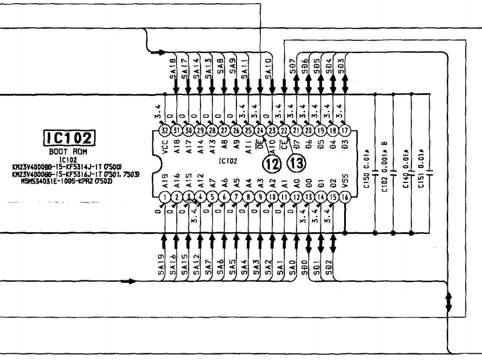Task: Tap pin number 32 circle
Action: point(164,130)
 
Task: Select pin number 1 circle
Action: point(164,196)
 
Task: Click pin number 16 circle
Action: point(345,196)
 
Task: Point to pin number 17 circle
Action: point(345,130)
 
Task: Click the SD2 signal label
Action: point(329,264)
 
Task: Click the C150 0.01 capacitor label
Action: point(367,165)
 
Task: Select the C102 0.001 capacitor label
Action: point(385,165)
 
